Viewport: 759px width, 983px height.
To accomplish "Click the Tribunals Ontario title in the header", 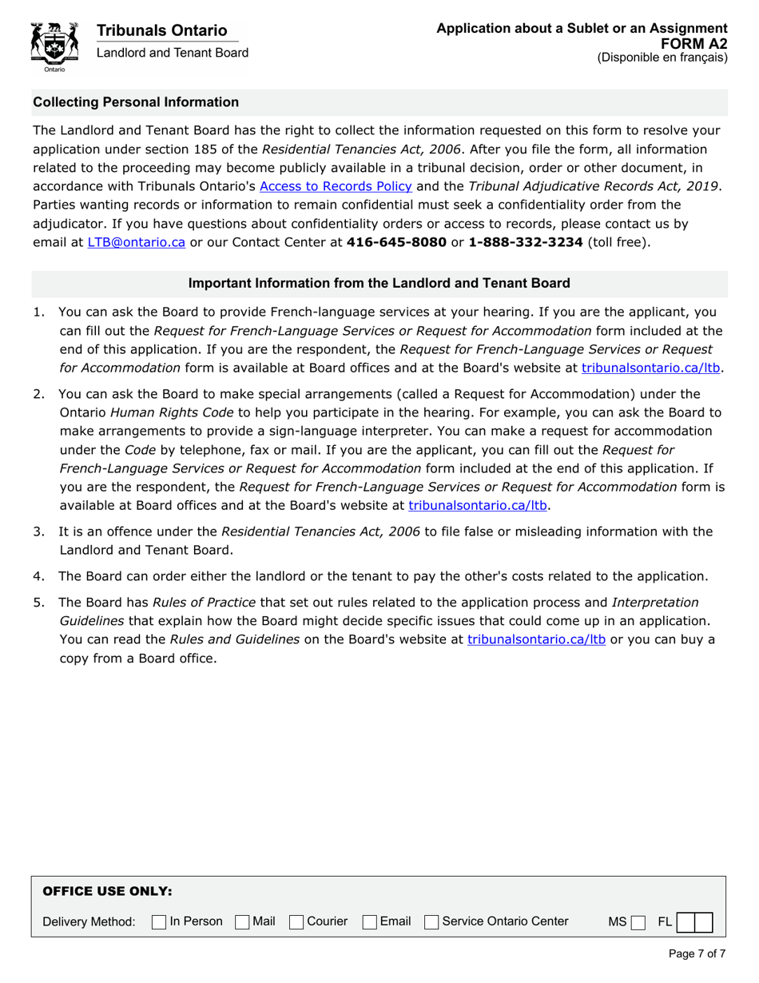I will (161, 30).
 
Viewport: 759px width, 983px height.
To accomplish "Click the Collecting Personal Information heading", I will (136, 102).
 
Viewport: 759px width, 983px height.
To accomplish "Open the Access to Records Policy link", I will (336, 186).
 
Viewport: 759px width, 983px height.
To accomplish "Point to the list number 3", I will (38, 532).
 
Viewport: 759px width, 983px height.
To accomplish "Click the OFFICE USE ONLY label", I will (107, 891).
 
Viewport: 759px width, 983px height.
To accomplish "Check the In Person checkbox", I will (159, 922).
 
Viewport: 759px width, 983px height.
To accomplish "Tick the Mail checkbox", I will (242, 922).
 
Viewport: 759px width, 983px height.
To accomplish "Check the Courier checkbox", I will (296, 922).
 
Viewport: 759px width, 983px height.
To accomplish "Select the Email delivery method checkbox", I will (370, 922).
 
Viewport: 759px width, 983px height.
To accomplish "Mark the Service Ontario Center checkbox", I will (431, 922).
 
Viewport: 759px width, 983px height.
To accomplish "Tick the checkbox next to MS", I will (637, 922).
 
